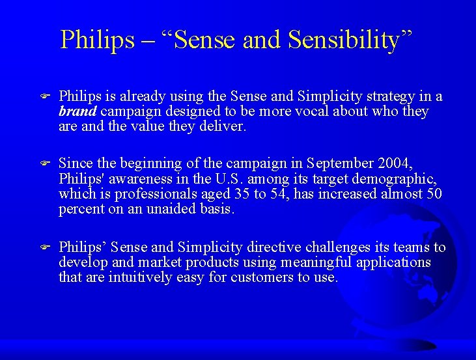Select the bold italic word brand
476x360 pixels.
pos(77,111)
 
